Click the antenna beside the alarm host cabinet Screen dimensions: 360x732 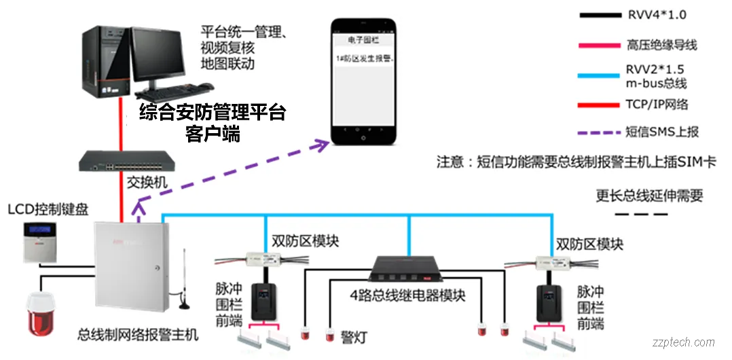click(x=182, y=285)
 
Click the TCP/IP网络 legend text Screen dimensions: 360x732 click(x=657, y=104)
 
